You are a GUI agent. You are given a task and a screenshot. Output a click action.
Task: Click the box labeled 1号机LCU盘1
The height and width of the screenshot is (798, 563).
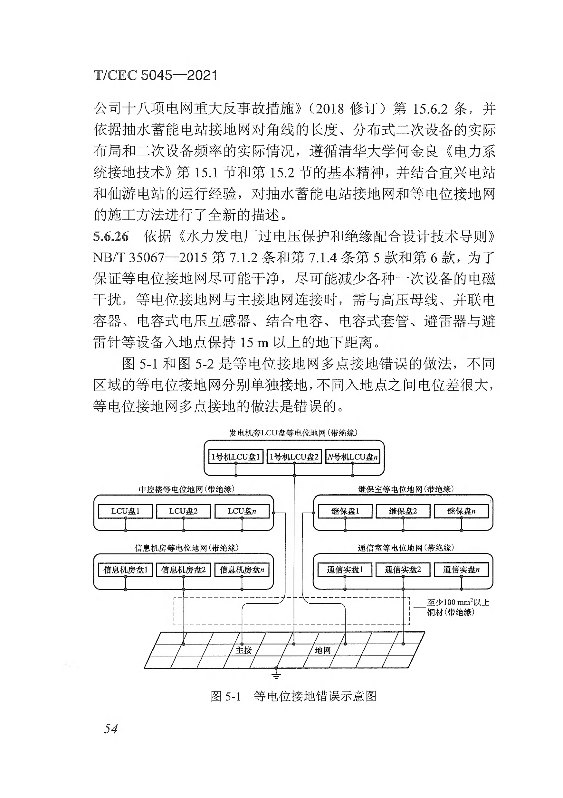click(x=235, y=457)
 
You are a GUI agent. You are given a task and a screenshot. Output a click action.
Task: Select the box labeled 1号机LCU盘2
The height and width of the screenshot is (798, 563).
click(x=294, y=457)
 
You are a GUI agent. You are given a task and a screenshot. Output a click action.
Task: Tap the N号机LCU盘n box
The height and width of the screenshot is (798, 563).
click(x=352, y=457)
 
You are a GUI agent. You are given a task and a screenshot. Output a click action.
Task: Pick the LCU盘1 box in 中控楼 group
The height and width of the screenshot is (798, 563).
click(x=125, y=511)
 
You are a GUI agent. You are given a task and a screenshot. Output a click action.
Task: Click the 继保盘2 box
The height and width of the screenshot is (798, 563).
click(x=403, y=511)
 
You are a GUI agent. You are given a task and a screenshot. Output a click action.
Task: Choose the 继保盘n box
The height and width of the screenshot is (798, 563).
click(x=461, y=511)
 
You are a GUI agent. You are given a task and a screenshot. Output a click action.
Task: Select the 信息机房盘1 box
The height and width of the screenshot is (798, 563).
click(x=125, y=570)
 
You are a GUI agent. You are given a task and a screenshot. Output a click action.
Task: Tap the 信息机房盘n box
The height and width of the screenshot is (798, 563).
click(x=242, y=570)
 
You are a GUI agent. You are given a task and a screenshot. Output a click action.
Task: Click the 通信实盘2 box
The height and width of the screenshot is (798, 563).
click(x=403, y=570)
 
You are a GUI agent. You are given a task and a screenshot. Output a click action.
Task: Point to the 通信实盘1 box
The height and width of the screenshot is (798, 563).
click(x=345, y=570)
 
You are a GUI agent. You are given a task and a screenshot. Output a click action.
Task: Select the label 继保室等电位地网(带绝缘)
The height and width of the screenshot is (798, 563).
click(x=406, y=489)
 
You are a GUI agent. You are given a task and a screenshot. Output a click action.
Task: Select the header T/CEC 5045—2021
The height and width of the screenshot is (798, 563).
click(x=156, y=75)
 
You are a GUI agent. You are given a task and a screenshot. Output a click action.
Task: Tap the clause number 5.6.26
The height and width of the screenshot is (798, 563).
click(x=111, y=237)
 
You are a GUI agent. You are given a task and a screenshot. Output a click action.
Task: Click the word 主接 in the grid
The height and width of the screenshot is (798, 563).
click(x=243, y=650)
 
